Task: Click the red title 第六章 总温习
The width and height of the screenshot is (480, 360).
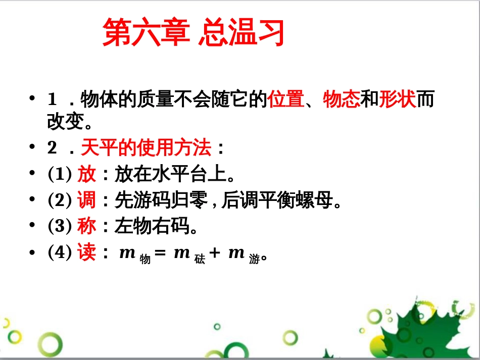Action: pos(194,32)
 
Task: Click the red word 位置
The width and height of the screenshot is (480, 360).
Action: pos(286,99)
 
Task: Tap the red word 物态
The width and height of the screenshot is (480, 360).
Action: pos(342,99)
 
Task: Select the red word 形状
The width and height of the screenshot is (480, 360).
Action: pos(397,99)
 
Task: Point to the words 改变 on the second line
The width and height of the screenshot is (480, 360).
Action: pos(66,121)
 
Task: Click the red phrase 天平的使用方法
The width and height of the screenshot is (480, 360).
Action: pos(146,147)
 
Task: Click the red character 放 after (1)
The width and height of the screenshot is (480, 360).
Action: pos(86,174)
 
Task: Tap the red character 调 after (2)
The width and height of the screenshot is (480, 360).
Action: pos(86,200)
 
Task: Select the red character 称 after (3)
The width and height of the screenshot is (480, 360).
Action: pos(86,226)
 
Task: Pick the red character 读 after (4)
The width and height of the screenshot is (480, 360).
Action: pos(86,252)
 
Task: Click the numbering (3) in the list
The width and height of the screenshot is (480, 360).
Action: pos(60,226)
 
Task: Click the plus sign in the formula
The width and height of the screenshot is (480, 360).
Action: pos(215,252)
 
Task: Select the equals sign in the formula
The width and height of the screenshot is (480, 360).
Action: pos(160,252)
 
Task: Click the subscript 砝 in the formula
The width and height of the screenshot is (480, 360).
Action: pos(200,259)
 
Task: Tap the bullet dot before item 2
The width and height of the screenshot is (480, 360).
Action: pos(32,147)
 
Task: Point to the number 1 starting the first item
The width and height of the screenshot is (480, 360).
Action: pos(52,99)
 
